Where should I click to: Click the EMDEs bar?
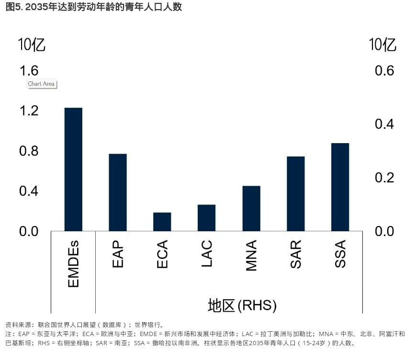coord(73,169)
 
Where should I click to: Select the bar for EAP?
coord(118,192)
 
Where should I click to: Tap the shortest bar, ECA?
coord(162,222)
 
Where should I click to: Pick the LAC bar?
coord(206,218)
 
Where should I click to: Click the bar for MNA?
coord(251,208)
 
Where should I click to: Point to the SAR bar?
coord(295,194)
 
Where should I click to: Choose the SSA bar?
coord(340,187)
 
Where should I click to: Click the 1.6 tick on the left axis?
coord(29,71)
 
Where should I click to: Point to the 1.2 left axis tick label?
coord(29,111)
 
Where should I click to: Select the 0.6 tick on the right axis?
coord(384,71)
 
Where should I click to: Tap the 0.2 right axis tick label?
coord(384,178)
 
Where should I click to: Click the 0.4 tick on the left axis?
coord(29,191)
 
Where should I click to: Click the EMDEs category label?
coord(73,264)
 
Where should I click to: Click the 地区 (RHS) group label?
coord(242,305)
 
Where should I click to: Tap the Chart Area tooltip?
coord(41,84)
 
